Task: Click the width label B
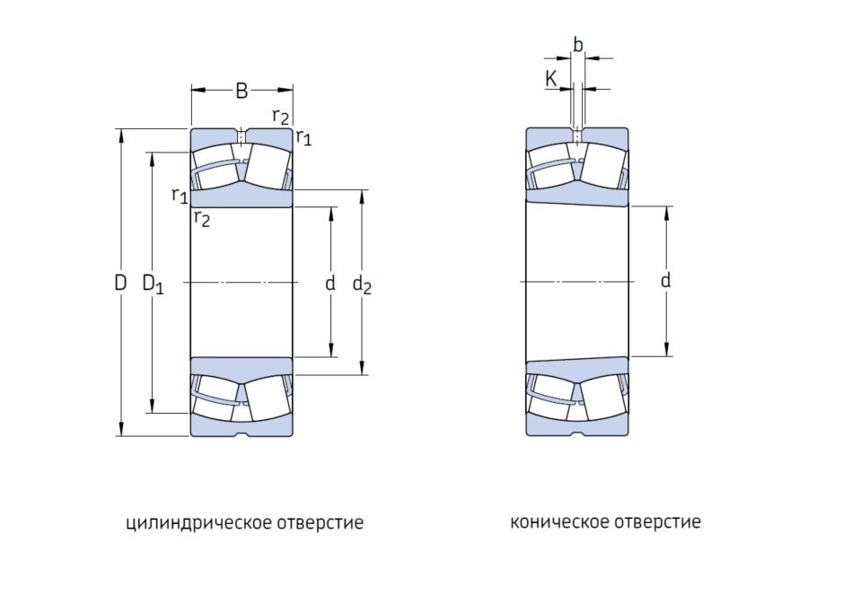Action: [242, 90]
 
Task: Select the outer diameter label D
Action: [120, 284]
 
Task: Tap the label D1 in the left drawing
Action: [153, 284]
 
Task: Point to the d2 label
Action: [362, 284]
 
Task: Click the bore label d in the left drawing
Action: [330, 284]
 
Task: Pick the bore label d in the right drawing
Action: [665, 281]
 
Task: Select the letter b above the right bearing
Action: [578, 45]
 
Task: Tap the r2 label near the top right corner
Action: [281, 116]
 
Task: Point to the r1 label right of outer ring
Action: [303, 137]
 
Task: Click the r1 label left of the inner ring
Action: [180, 195]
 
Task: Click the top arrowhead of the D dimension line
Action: [120, 135]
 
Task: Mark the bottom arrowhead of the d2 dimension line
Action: [363, 368]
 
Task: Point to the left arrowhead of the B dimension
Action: [196, 90]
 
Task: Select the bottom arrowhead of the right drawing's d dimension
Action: [667, 351]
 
